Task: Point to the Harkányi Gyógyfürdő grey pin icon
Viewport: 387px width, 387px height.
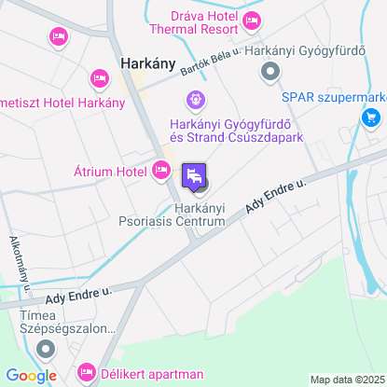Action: (270, 70)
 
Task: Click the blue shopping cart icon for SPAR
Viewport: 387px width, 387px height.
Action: (371, 117)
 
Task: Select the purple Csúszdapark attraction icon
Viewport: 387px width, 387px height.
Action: (195, 97)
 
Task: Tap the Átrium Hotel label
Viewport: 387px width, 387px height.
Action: (110, 172)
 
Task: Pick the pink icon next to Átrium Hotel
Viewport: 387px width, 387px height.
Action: (160, 170)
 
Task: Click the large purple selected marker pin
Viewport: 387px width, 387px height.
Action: (194, 174)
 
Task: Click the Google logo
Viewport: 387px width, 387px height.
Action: (31, 375)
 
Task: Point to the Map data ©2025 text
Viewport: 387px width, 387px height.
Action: (346, 380)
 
